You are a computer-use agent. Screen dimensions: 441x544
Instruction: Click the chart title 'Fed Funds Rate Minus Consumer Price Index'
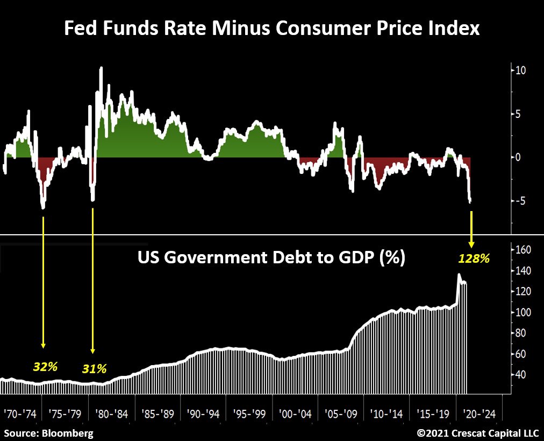(x=271, y=28)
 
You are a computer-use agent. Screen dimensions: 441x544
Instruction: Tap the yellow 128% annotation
(x=474, y=258)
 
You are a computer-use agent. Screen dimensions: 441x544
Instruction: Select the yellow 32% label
(x=45, y=367)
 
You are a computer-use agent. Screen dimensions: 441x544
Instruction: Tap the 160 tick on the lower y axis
(x=524, y=250)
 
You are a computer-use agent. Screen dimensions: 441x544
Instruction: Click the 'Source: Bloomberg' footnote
(x=48, y=432)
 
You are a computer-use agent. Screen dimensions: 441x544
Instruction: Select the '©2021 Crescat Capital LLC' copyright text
(x=477, y=432)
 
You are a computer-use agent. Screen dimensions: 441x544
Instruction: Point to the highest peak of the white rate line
(x=101, y=68)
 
